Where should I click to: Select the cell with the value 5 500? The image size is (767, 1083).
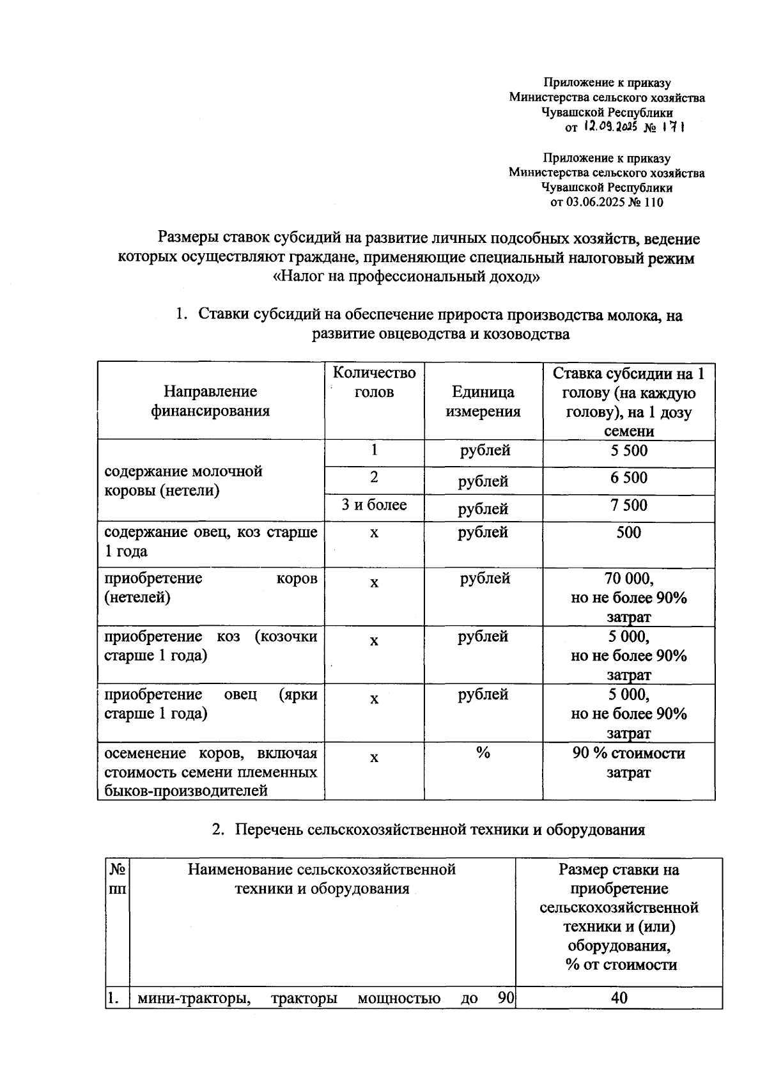tap(628, 451)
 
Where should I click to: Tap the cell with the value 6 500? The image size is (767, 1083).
tap(628, 479)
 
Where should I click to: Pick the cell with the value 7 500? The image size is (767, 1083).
tap(628, 506)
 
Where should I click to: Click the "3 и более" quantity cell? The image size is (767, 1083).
tap(374, 506)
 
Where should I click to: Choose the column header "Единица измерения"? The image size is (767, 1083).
tap(483, 401)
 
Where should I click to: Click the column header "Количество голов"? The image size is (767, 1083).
tap(374, 382)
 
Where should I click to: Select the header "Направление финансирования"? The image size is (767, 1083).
tap(210, 401)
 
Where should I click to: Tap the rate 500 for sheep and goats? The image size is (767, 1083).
tap(628, 533)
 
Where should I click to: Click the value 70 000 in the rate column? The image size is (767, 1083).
tap(628, 579)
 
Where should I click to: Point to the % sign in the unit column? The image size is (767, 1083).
tap(483, 753)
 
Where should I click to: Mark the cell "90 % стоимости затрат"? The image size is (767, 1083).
tap(628, 763)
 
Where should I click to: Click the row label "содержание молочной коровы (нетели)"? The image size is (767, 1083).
tap(184, 481)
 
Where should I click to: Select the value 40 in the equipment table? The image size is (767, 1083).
tap(619, 998)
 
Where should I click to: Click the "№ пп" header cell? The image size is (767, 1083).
tap(118, 879)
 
